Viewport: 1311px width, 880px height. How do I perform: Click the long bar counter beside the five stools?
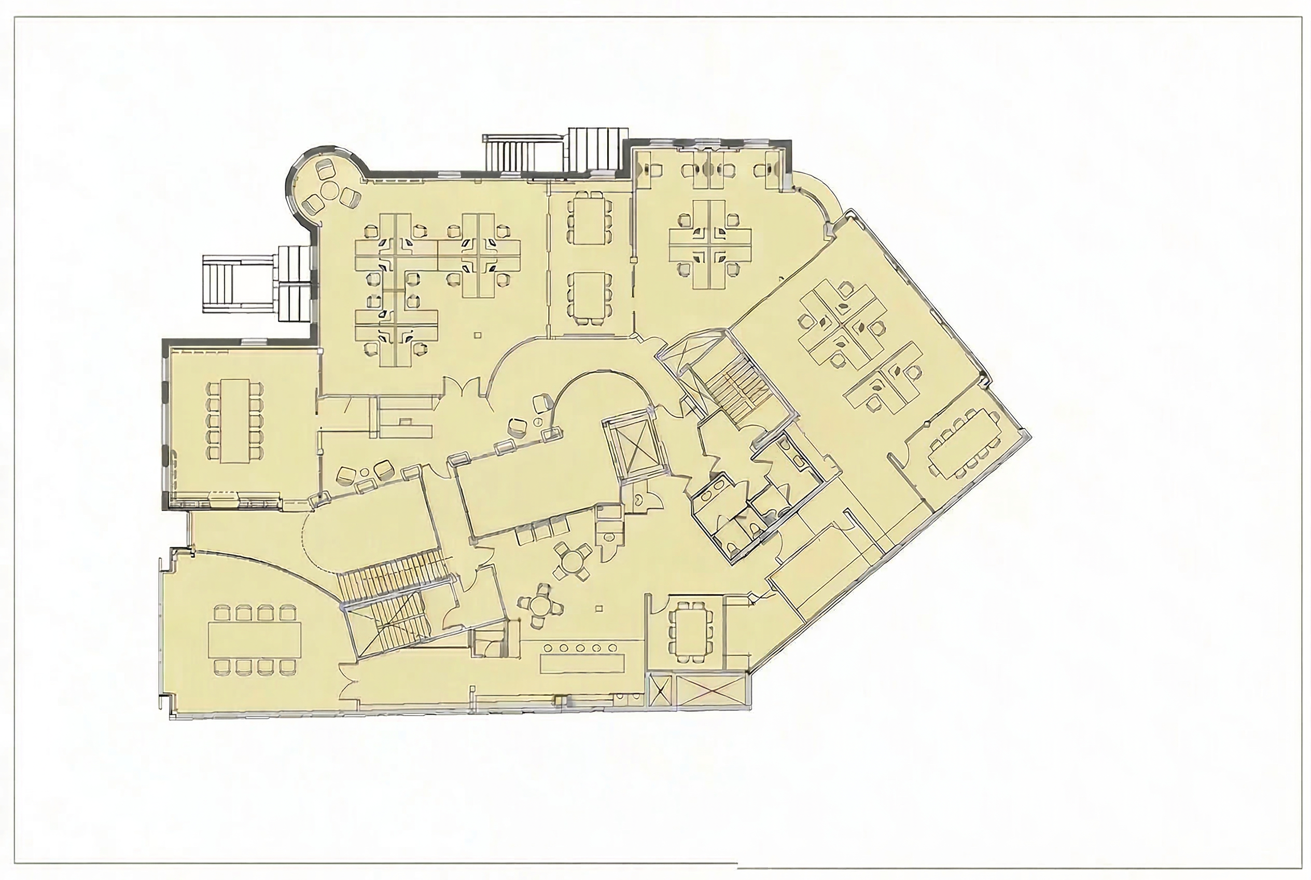coord(582,662)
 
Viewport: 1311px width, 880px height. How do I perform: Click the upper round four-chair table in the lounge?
coord(571,562)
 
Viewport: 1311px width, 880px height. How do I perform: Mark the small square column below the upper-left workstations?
coord(478,336)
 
